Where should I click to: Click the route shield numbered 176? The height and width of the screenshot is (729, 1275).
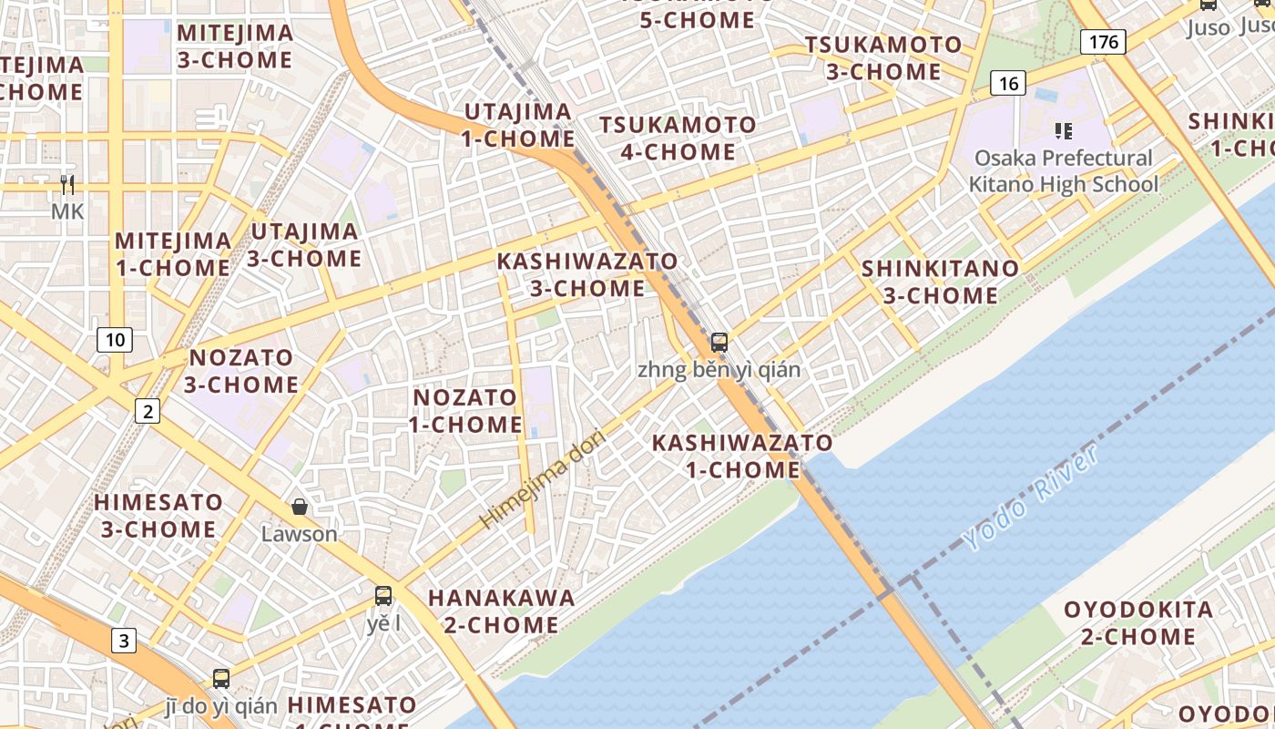(1104, 41)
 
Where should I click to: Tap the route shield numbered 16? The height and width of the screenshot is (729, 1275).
(1008, 84)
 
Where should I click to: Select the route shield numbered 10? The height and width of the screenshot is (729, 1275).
(115, 341)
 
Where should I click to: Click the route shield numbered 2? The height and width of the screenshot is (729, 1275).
(148, 412)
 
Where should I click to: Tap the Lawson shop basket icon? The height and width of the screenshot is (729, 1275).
(300, 507)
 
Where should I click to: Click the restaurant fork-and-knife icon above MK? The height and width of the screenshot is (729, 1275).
(66, 186)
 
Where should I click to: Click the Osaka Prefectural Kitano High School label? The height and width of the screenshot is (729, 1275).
(1063, 171)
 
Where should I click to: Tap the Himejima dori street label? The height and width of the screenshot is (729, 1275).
(543, 477)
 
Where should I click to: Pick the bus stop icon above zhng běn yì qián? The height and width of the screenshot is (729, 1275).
(719, 343)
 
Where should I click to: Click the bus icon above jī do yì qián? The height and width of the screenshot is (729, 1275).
(221, 678)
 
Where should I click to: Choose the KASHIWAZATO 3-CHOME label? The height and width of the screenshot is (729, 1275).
(587, 274)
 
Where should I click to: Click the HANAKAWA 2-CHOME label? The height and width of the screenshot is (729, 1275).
(501, 611)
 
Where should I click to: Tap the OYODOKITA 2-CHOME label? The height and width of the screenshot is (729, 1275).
(1138, 622)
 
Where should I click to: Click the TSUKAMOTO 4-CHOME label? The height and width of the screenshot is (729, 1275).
(678, 138)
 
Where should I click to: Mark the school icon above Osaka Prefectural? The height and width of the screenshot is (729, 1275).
(1063, 131)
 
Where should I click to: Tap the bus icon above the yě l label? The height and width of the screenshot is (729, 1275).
(383, 596)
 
